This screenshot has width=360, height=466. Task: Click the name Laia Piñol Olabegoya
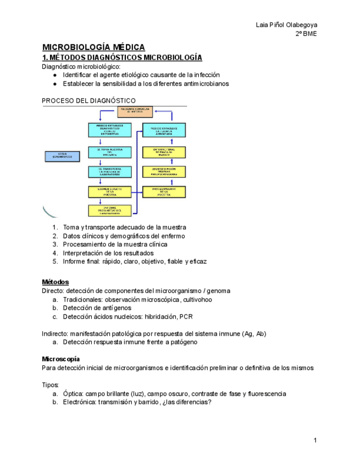(286, 25)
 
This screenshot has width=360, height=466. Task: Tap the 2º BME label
(306, 34)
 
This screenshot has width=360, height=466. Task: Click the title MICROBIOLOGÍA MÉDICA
(93, 47)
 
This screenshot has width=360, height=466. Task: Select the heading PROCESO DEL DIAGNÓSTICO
(88, 101)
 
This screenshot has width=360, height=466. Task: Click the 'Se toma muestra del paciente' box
(110, 152)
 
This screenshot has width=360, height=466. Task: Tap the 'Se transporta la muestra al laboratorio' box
(110, 171)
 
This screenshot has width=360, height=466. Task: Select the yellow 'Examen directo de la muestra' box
(110, 191)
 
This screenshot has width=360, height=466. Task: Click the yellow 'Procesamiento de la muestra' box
(163, 191)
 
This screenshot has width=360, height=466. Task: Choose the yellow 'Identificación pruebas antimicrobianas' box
(163, 171)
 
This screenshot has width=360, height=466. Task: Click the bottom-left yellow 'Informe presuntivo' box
(110, 210)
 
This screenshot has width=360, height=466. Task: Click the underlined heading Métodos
(56, 282)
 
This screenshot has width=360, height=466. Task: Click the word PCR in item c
(186, 317)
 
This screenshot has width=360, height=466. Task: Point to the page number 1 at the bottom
(315, 441)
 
